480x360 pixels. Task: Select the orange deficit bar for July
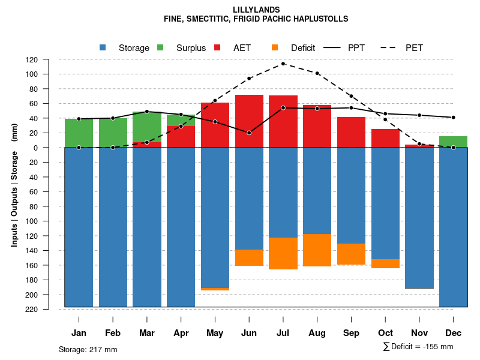coord(283,253)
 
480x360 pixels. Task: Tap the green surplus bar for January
coord(79,133)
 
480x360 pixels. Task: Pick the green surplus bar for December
coord(453,142)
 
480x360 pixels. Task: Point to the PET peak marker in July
coord(283,64)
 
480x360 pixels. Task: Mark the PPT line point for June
coord(249,133)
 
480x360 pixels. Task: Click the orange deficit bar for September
coord(351,254)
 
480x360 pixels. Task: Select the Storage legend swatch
coord(103,48)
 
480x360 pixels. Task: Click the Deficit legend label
coord(303,48)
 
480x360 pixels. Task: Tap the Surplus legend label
coord(191,48)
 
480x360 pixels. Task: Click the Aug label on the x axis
coord(317,333)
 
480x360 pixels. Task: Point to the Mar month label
coord(147,333)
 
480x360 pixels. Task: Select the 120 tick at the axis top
coord(49,60)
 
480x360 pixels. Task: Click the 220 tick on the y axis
coord(49,309)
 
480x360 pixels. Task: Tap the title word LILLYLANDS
coord(256,10)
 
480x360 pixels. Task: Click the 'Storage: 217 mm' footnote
coord(88,349)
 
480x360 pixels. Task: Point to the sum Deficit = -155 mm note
coord(418,347)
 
